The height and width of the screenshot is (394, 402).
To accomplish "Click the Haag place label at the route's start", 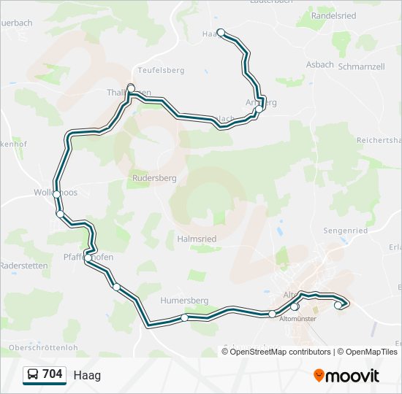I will (x=210, y=34).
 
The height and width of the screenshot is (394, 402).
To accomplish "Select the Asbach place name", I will (x=319, y=64).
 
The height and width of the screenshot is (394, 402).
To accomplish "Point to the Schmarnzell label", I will (x=362, y=66).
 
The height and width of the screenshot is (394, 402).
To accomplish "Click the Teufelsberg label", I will (x=161, y=71).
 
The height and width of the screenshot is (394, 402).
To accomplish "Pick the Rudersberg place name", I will (x=154, y=177).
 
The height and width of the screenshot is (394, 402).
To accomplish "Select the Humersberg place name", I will (x=184, y=301).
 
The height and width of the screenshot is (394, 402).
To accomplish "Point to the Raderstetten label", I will (x=23, y=266).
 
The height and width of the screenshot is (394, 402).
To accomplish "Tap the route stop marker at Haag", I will (x=221, y=32).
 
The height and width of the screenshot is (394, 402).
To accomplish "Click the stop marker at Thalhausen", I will (x=131, y=89).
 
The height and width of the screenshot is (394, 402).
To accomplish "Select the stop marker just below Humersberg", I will (x=184, y=317).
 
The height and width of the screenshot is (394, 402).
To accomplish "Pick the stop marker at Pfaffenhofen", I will (x=88, y=258).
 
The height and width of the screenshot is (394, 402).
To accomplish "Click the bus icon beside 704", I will (x=33, y=375).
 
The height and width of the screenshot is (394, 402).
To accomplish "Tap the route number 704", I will (x=53, y=375).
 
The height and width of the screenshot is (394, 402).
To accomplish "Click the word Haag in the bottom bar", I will (x=87, y=376).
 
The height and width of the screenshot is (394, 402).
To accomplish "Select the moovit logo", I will (x=346, y=376).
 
